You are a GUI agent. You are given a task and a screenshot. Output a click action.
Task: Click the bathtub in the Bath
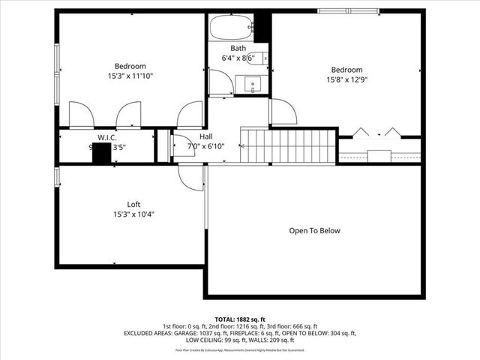click(231, 28)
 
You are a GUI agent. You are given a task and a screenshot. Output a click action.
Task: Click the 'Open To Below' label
click(314, 231)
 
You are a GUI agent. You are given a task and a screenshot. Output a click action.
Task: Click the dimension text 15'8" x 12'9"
click(346, 79)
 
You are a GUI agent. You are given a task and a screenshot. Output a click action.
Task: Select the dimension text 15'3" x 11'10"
click(130, 75)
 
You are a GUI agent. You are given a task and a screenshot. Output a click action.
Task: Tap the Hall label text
click(205, 136)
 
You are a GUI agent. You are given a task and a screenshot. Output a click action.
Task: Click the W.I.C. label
click(105, 138)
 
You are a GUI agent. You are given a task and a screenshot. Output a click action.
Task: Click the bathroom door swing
click(220, 82)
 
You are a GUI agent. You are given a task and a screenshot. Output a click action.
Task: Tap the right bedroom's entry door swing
click(282, 112)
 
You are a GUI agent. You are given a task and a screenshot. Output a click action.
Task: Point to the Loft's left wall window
click(57, 177)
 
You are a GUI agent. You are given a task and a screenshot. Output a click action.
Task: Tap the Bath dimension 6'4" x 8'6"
click(238, 58)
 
